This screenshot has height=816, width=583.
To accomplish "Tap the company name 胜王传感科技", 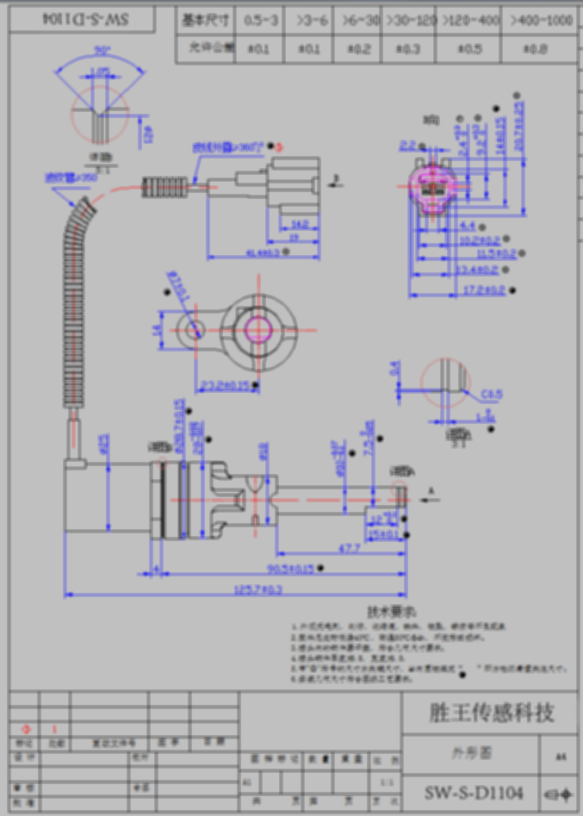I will [x=491, y=713].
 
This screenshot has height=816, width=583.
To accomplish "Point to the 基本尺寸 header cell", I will [x=206, y=20].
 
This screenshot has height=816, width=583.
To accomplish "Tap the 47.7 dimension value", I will [x=349, y=547].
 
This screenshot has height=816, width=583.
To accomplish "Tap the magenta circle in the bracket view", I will [x=258, y=327].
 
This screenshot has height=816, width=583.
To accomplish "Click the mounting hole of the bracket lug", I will [x=191, y=328].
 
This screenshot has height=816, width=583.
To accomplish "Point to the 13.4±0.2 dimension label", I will [x=480, y=271].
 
